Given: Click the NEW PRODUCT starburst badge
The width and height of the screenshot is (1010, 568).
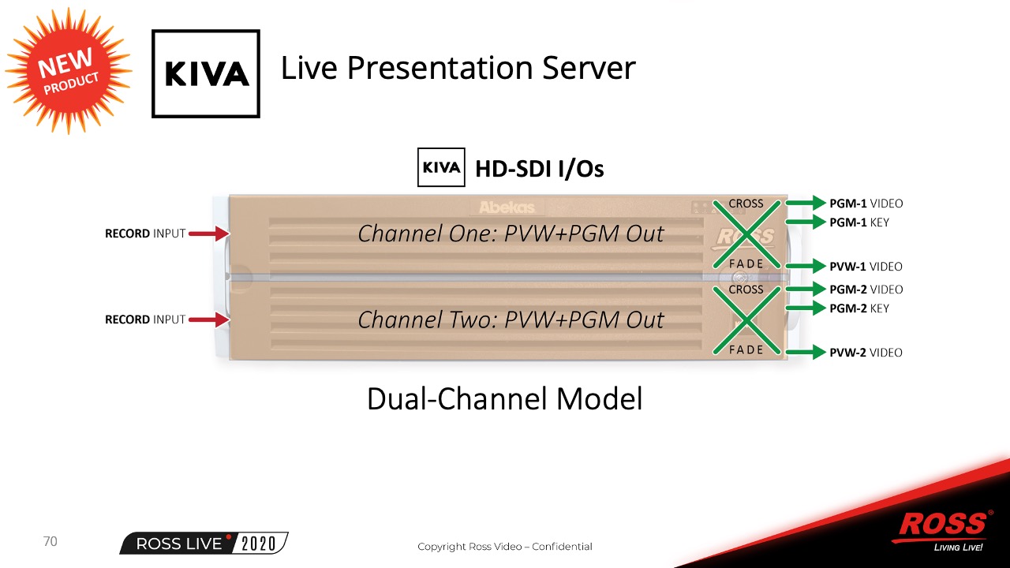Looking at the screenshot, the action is [x=69, y=71].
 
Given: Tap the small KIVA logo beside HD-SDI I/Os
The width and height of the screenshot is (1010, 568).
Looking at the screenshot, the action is [x=441, y=167].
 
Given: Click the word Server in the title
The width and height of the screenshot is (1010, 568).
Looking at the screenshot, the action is [x=589, y=68].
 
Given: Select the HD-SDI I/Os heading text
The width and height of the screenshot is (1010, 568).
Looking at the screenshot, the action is [x=539, y=169].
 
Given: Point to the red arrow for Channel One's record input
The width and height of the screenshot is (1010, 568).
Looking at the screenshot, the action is [x=209, y=234].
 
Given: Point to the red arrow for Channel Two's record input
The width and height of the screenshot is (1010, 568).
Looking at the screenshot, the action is [x=209, y=319].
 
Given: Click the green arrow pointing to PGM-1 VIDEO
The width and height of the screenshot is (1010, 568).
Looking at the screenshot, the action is [x=806, y=203].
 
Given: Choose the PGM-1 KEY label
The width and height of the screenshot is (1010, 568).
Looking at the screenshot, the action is [x=859, y=222].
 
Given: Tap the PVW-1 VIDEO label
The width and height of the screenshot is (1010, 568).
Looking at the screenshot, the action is [x=866, y=267].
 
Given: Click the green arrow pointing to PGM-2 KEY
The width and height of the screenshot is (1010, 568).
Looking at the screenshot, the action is [x=806, y=308].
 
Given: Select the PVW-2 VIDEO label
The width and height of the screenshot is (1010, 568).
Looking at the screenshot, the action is [x=866, y=353].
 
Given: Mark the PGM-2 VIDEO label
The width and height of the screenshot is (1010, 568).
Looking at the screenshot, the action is [x=866, y=290].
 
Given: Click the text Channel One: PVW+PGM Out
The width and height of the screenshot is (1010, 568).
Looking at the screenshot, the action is [x=511, y=234].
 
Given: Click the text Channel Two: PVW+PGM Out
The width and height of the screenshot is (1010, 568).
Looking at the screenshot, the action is [x=511, y=319].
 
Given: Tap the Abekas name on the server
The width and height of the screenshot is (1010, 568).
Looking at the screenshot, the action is [x=507, y=207].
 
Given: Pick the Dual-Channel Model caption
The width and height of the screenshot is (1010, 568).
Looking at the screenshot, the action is [x=504, y=399].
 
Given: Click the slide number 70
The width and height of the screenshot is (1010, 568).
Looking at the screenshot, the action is [x=50, y=541].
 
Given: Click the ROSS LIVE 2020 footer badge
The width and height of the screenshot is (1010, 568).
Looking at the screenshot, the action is [x=204, y=544].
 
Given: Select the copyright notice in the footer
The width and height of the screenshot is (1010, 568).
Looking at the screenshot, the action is [x=504, y=547].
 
